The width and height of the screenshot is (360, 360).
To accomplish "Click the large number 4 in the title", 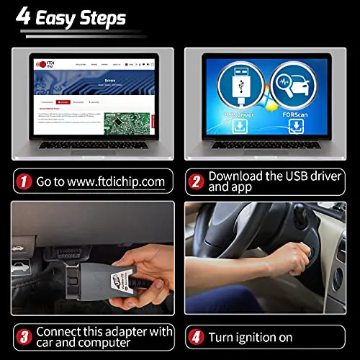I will pos(24,17).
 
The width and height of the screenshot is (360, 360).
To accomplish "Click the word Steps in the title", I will pos(100,17).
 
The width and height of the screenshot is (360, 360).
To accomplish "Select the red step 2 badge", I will pos(196,181).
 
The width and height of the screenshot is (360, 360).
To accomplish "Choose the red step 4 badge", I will pos(196,336).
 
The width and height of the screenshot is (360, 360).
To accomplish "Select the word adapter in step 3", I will pos(146,330).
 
